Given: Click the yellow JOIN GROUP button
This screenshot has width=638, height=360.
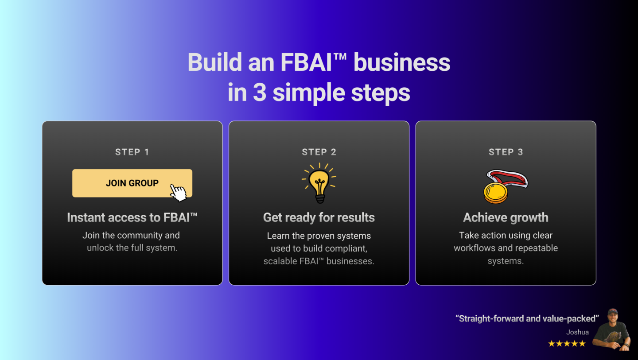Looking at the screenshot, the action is click(132, 183).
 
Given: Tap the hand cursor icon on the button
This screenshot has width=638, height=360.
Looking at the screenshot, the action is click(178, 193).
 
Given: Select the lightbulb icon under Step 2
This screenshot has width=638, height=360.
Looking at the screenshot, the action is click(319, 183).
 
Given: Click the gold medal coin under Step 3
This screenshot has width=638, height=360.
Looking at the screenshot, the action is click(496, 193).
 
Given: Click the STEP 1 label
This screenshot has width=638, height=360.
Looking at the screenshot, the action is click(132, 152).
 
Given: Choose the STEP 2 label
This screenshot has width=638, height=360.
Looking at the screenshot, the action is click(319, 152).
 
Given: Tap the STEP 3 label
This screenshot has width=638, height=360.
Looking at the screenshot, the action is click(506, 152).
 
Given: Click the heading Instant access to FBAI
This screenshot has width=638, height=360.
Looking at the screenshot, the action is click(132, 218).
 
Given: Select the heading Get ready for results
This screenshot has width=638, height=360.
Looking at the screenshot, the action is click(319, 218).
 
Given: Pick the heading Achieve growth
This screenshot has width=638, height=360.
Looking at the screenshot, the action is click(506, 218).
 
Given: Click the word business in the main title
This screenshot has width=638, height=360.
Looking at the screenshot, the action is click(402, 62).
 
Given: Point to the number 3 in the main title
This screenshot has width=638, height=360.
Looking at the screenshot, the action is click(260, 93).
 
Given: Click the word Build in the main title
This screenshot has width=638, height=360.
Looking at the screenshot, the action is click(215, 62).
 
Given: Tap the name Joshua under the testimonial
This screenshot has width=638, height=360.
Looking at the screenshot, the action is click(577, 332).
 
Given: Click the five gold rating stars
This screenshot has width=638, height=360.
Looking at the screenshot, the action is click(567, 344).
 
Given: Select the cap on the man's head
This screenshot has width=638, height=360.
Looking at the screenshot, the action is click(613, 312).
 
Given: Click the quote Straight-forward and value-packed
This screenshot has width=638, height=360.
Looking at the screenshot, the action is click(527, 319).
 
